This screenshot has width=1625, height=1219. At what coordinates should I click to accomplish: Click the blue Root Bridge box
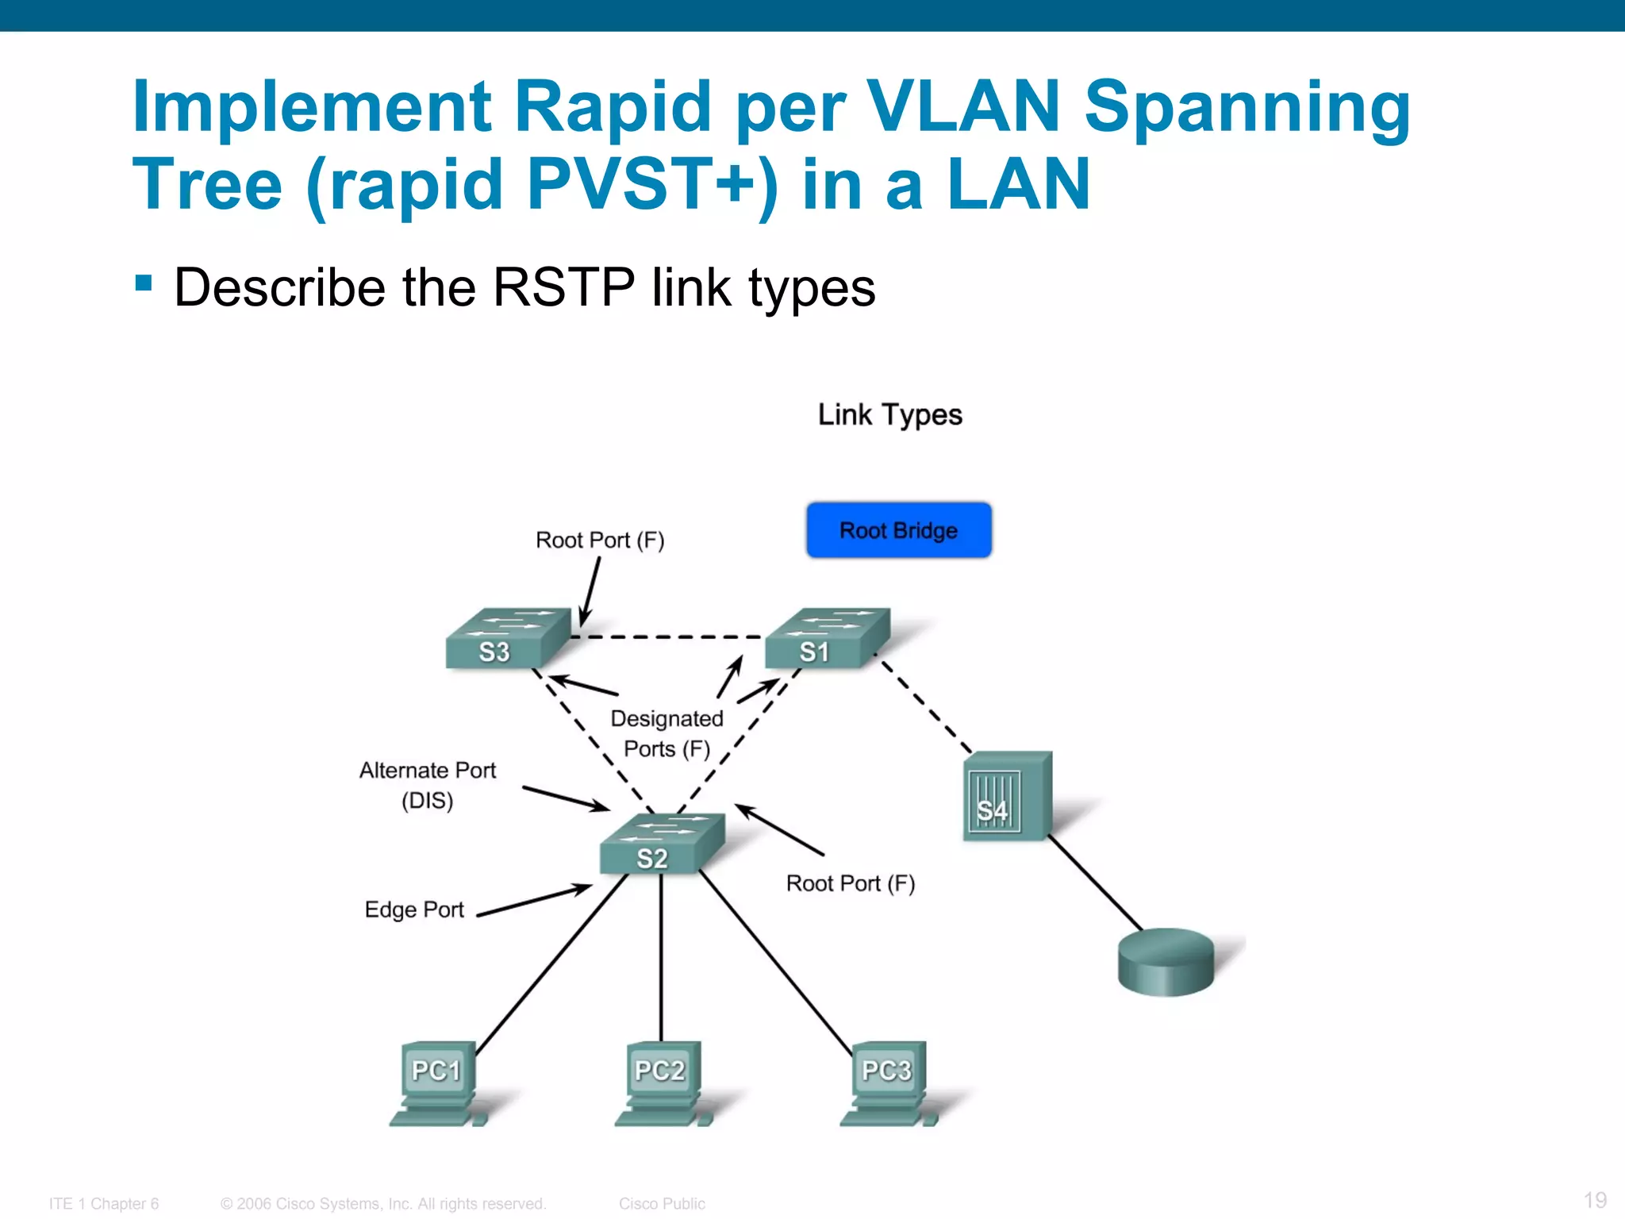point(898,530)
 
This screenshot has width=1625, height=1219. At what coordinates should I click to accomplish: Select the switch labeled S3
point(508,639)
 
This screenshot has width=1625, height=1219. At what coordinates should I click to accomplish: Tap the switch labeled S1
point(827,639)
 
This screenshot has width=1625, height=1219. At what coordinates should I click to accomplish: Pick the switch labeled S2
point(663,844)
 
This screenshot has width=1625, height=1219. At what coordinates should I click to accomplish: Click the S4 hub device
point(1006,797)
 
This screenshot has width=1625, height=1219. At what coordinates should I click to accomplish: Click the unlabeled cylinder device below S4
point(1166,961)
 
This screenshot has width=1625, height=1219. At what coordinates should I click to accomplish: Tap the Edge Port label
point(413,909)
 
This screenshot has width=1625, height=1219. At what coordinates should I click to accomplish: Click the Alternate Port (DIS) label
point(427,785)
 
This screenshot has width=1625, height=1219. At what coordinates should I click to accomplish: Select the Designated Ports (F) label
point(667,733)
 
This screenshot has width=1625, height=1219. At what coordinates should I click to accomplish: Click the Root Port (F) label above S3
point(600,540)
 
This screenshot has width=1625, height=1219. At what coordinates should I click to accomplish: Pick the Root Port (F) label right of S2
point(850,883)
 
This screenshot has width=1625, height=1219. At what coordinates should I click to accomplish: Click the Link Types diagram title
point(889,415)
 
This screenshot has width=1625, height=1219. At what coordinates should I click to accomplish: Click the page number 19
point(1595,1199)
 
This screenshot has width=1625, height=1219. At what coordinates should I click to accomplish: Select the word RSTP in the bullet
point(563,287)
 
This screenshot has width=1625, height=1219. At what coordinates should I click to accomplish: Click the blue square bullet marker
point(144,283)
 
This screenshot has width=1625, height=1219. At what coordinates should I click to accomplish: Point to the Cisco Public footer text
point(662,1204)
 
